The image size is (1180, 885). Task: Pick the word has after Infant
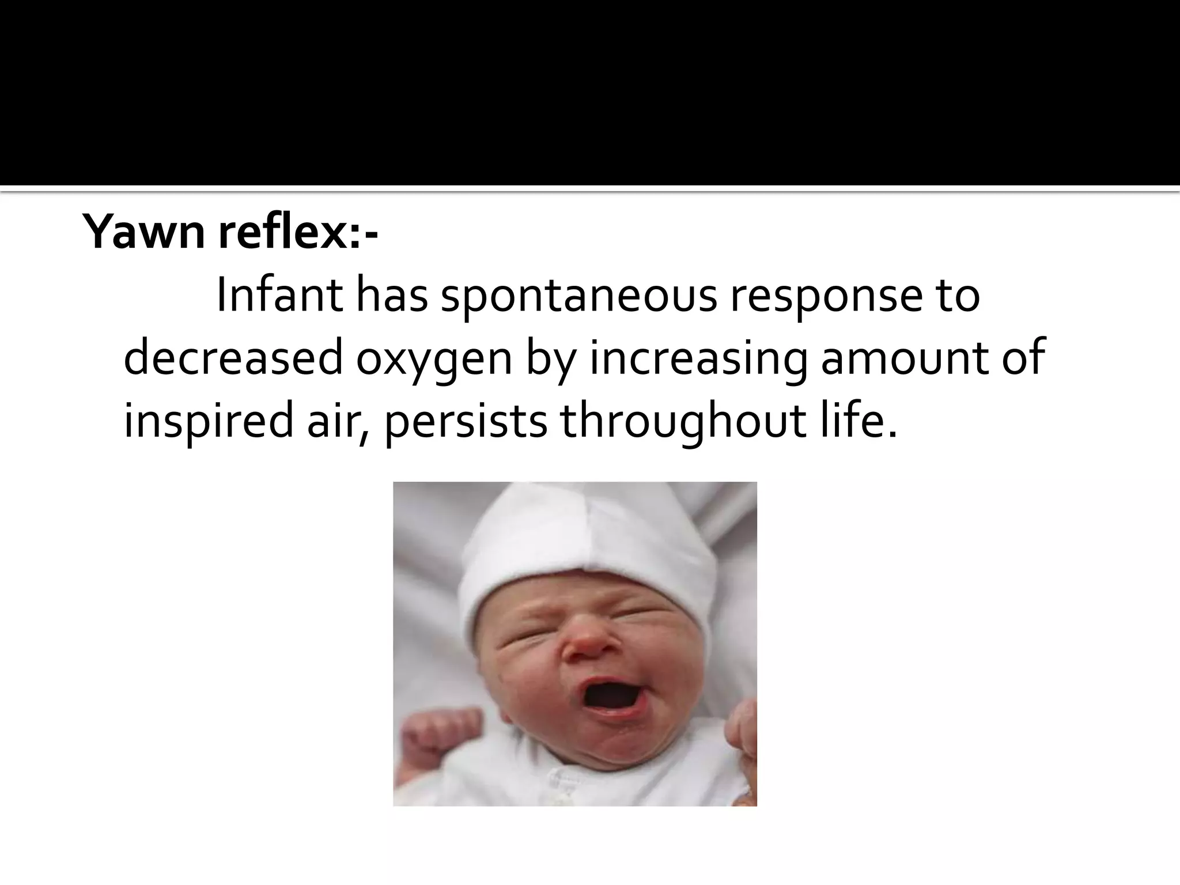(x=391, y=296)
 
